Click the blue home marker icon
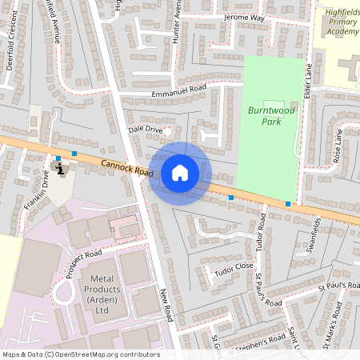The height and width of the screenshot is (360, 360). click(x=180, y=173)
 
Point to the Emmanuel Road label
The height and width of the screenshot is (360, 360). click(x=178, y=92)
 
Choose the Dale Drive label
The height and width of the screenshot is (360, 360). click(x=145, y=129)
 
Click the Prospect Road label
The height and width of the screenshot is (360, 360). click(x=84, y=262)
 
